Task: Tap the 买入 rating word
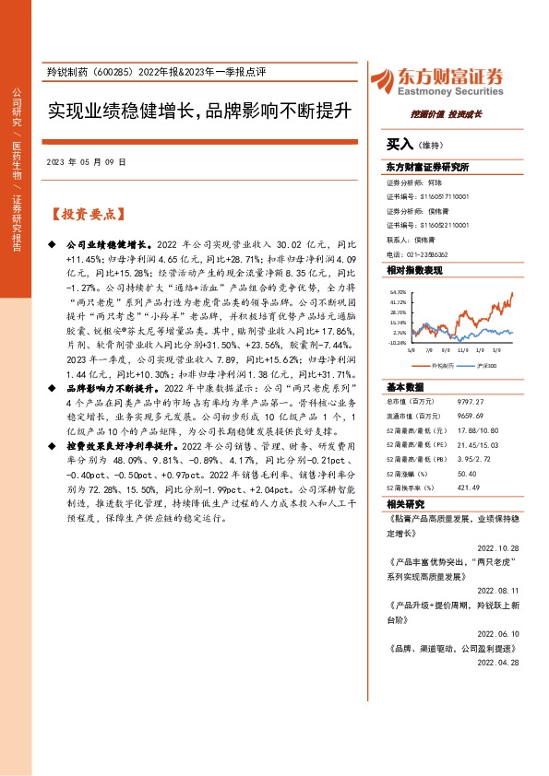400,145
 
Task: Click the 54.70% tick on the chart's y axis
398,291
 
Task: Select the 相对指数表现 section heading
414,270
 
